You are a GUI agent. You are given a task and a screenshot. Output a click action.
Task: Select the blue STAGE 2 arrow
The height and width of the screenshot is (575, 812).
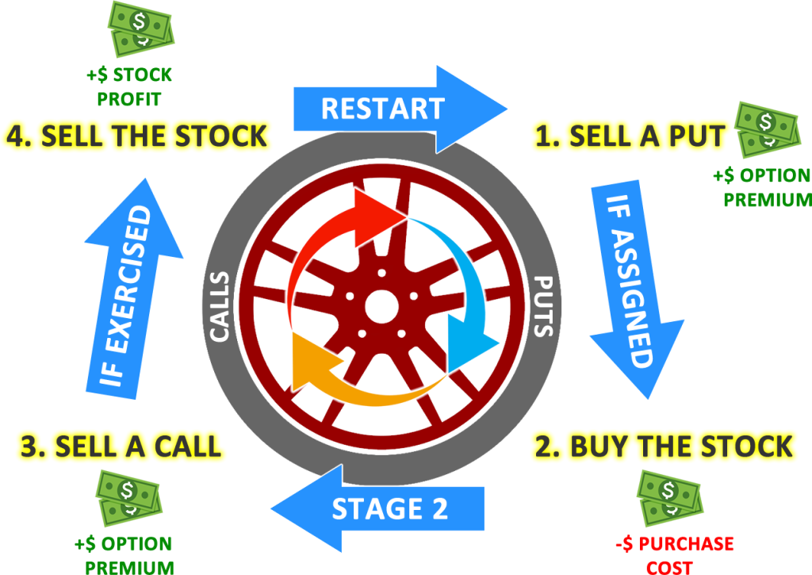tap(381, 508)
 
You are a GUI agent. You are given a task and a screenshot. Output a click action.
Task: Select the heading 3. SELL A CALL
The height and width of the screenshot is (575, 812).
tap(120, 447)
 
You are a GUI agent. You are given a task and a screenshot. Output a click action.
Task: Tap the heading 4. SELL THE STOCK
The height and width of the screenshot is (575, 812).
tap(136, 137)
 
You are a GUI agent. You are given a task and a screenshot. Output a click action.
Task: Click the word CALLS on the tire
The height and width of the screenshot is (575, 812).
tap(220, 305)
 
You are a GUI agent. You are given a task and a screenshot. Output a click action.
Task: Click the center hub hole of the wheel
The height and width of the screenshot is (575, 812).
tap(381, 305)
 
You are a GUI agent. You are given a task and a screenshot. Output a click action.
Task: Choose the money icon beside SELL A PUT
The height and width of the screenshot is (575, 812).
tap(766, 128)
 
